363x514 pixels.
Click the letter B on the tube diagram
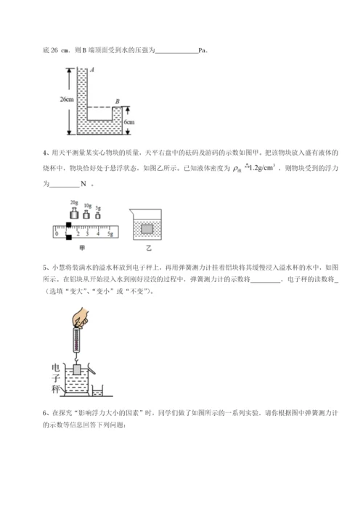click(118, 102)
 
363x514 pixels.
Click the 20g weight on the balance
click(74, 213)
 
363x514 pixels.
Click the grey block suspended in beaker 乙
click(147, 228)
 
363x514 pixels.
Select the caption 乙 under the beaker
click(147, 247)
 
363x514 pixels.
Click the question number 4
click(45, 153)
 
